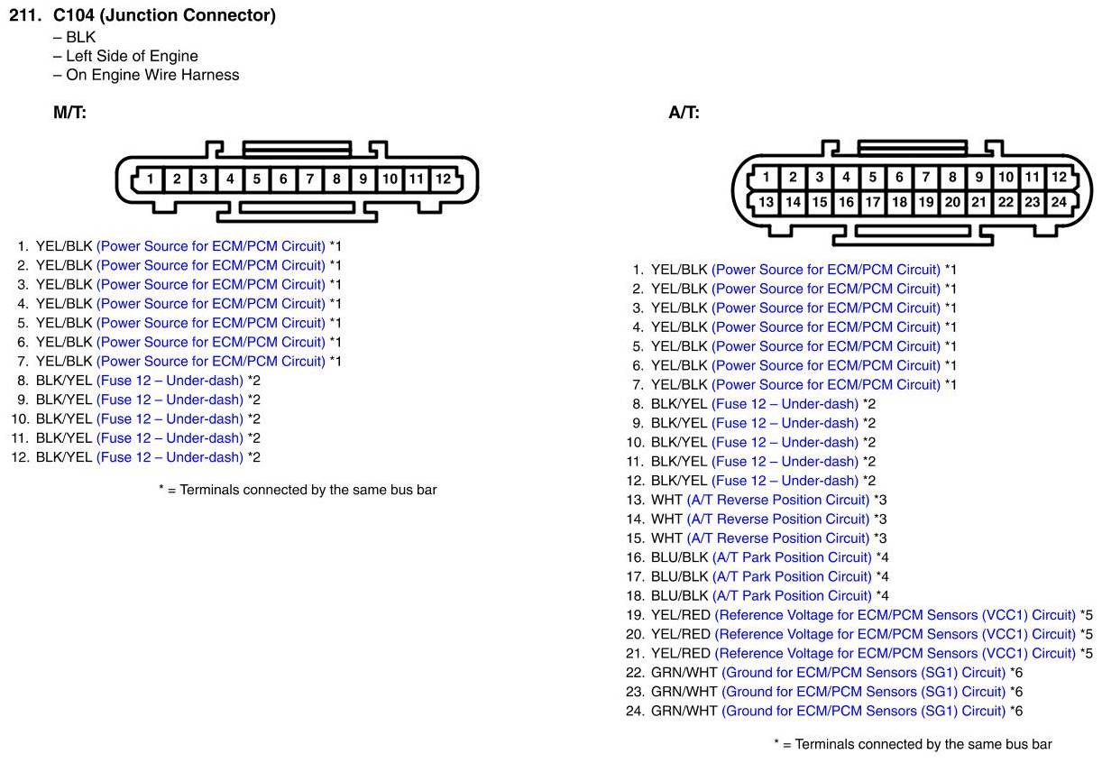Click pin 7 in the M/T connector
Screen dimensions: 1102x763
pyautogui.click(x=309, y=179)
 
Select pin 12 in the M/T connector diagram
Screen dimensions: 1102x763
pyautogui.click(x=443, y=179)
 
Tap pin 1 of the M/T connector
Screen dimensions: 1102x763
pyautogui.click(x=151, y=179)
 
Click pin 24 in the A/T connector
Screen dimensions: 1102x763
pyautogui.click(x=1059, y=202)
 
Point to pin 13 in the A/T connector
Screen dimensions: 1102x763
pyautogui.click(x=766, y=202)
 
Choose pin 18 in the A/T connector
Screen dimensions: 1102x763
pyautogui.click(x=899, y=202)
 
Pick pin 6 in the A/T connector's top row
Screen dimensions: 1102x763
pyautogui.click(x=899, y=178)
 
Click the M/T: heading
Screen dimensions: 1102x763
pyautogui.click(x=69, y=113)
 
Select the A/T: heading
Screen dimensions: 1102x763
pyautogui.click(x=684, y=113)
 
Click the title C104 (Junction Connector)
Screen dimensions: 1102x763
pyautogui.click(x=164, y=15)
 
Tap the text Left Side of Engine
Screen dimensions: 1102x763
pyautogui.click(x=132, y=56)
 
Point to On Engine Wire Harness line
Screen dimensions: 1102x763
pyautogui.click(x=152, y=75)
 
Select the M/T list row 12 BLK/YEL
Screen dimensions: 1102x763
pyautogui.click(x=64, y=457)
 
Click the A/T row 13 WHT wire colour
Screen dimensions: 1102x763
pyautogui.click(x=666, y=500)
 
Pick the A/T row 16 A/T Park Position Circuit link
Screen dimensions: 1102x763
pyautogui.click(x=792, y=557)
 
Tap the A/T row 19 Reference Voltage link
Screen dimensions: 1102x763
pyautogui.click(x=895, y=615)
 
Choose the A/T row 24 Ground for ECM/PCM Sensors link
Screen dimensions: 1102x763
pyautogui.click(x=863, y=711)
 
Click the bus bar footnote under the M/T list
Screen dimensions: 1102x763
pyautogui.click(x=298, y=490)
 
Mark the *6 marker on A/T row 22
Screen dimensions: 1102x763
pyautogui.click(x=1015, y=673)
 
